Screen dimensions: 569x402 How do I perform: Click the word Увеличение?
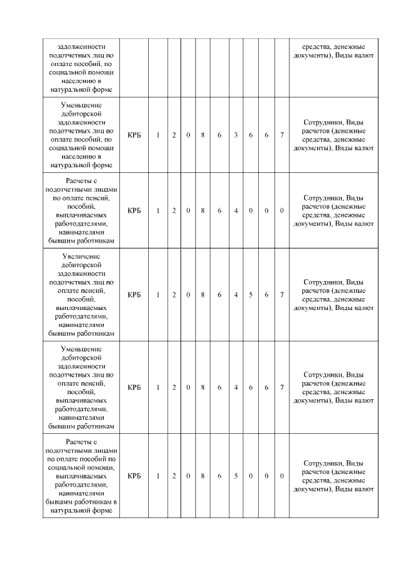pyautogui.click(x=82, y=257)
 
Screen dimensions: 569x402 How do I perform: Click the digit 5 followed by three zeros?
pyautogui.click(x=236, y=476)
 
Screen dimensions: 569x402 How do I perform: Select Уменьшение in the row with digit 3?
pyautogui.click(x=82, y=104)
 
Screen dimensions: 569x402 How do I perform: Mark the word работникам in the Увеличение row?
pyautogui.click(x=97, y=333)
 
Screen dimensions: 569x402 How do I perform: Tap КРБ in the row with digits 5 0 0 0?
pyautogui.click(x=134, y=476)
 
